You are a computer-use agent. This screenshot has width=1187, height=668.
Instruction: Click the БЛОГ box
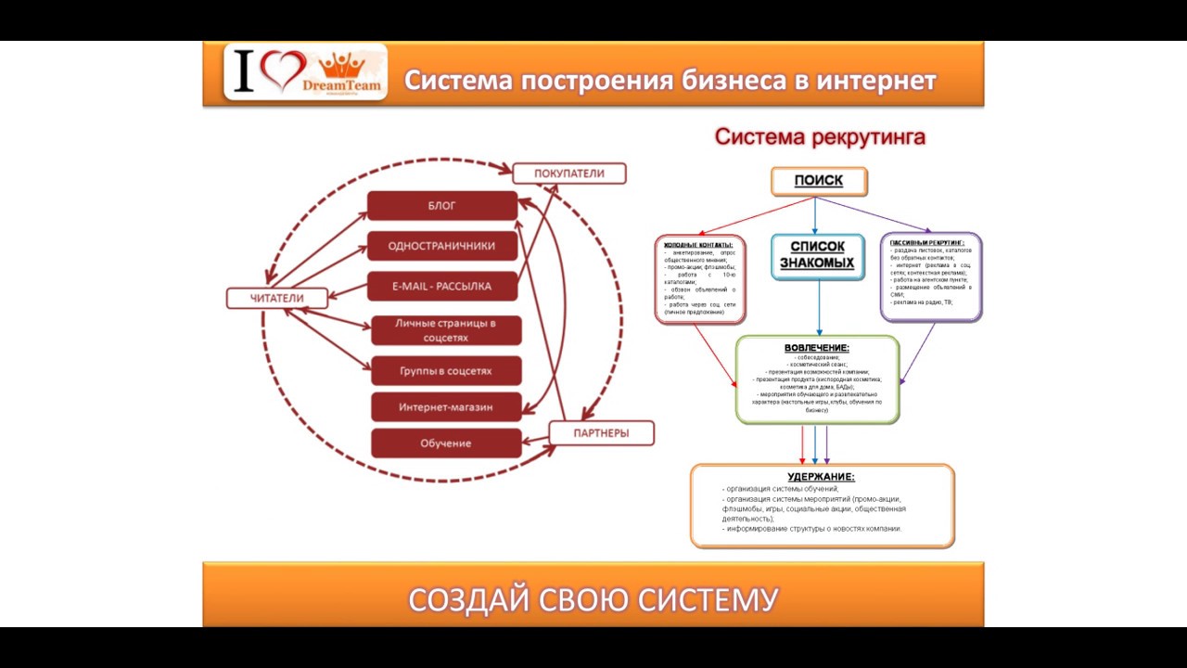tap(441, 206)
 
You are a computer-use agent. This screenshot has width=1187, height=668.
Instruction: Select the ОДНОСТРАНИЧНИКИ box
tap(441, 246)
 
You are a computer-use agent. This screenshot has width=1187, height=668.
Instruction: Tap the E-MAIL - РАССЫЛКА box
tap(441, 287)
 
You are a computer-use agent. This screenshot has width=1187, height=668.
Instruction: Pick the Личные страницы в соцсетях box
tap(446, 330)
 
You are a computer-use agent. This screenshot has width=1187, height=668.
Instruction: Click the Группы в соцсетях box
tap(446, 371)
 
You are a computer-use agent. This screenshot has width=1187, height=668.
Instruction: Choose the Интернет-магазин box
tap(446, 407)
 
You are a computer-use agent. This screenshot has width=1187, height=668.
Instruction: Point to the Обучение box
tap(446, 443)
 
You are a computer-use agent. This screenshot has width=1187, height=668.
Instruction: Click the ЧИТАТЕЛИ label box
tap(277, 298)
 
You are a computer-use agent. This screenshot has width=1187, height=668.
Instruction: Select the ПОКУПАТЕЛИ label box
tap(568, 173)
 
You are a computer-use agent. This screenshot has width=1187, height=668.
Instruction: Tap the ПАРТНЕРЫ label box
tap(601, 433)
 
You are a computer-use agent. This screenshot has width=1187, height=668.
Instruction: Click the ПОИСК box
tap(819, 181)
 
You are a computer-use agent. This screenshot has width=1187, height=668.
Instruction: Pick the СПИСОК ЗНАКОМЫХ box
tap(817, 256)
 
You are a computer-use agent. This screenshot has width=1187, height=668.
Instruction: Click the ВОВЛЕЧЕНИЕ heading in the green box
tap(817, 348)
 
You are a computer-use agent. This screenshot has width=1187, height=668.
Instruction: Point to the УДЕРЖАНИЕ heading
tap(822, 477)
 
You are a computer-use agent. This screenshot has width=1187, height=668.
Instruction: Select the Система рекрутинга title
tap(820, 137)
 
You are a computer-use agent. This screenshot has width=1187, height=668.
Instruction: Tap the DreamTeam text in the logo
tap(340, 84)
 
